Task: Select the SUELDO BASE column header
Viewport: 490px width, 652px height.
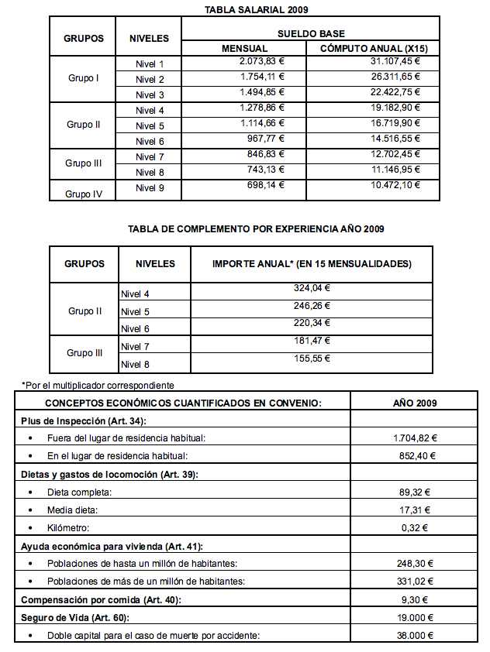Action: (x=311, y=34)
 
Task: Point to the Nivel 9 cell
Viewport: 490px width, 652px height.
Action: (x=150, y=187)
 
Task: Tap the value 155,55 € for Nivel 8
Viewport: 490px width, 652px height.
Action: (x=312, y=359)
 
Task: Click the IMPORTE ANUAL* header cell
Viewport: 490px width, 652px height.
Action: (x=312, y=264)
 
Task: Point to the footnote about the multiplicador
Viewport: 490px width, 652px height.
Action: (x=98, y=385)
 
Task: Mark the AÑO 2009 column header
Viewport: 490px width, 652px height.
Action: (x=416, y=403)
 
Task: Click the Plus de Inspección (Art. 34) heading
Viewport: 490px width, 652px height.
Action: (x=84, y=420)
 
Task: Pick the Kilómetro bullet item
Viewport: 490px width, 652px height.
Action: (x=68, y=528)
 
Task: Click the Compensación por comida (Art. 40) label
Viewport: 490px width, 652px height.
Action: (x=102, y=599)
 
